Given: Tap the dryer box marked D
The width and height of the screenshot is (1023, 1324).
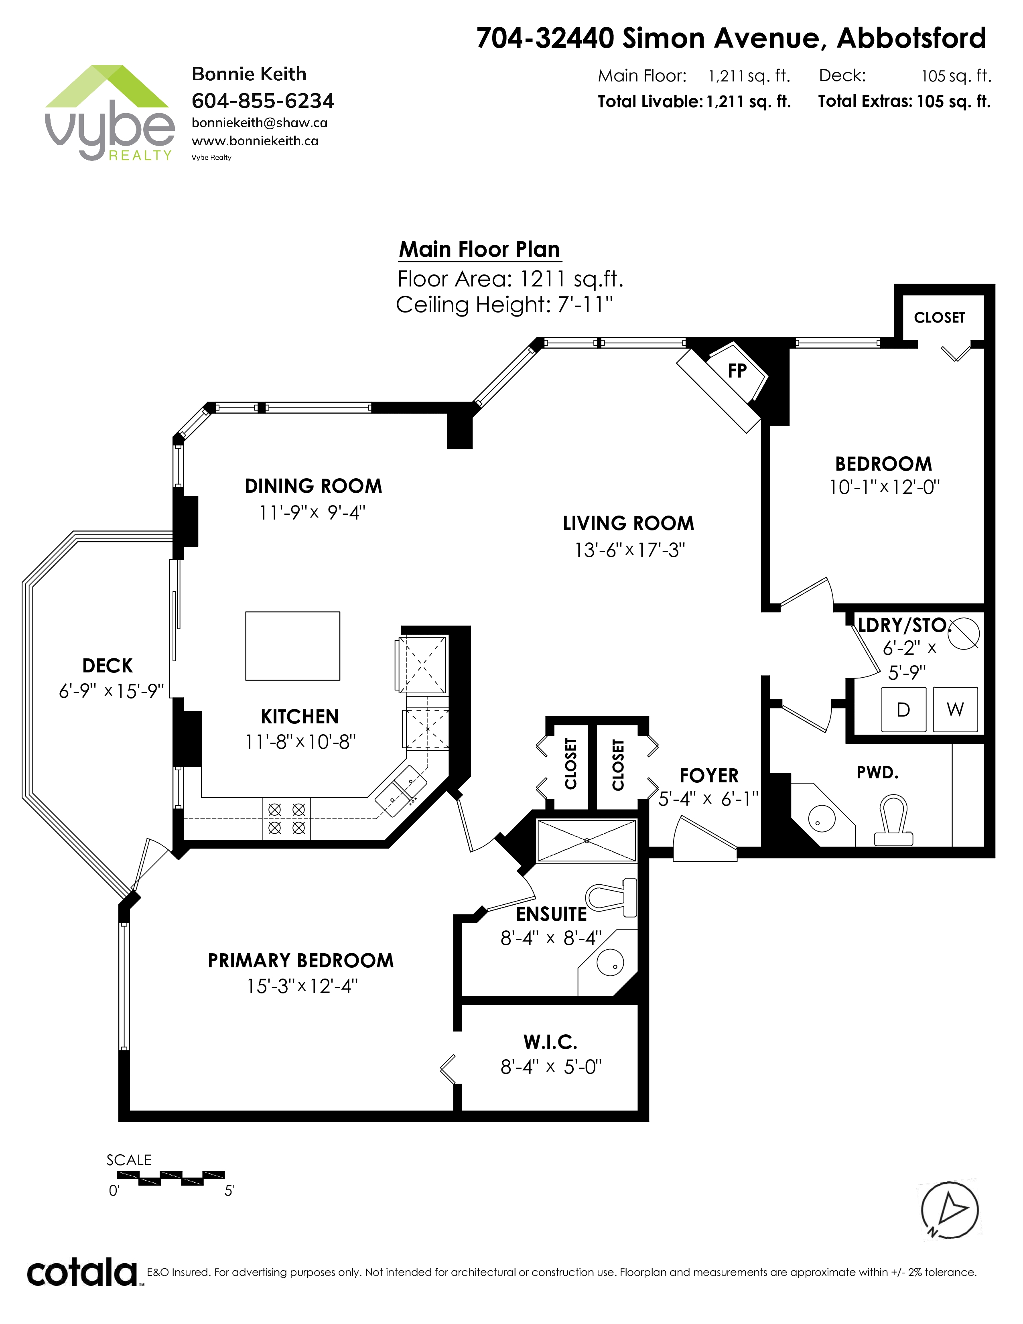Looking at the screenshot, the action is click(x=903, y=709).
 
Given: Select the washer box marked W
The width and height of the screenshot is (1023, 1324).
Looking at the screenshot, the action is click(x=955, y=709).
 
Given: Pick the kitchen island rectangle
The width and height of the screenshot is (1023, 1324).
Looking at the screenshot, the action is click(x=293, y=646).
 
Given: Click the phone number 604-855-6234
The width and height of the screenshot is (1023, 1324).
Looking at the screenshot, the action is click(x=263, y=101).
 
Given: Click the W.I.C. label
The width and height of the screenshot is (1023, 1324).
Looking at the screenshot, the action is click(x=550, y=1042).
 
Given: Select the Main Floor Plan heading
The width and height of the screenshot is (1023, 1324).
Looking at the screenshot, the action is click(x=479, y=249).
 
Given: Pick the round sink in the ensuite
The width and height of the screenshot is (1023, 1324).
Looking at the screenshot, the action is click(x=610, y=962).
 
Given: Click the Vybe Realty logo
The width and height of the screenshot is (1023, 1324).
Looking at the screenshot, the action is click(x=109, y=113).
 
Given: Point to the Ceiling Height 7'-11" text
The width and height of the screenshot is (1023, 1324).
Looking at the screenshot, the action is click(x=504, y=305).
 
